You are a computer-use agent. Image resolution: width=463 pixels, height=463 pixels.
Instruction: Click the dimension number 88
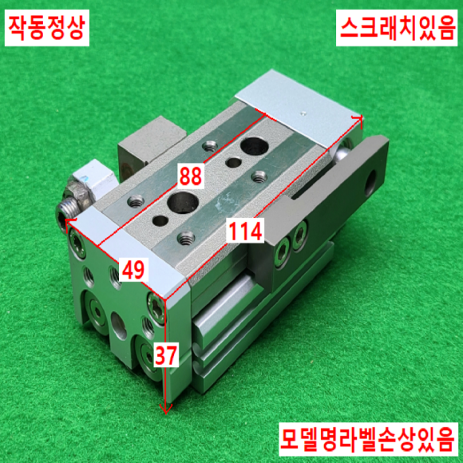(x=191, y=176)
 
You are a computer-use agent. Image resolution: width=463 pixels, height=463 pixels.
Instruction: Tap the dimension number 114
(x=245, y=231)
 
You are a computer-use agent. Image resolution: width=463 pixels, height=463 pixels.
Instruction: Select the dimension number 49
(x=133, y=270)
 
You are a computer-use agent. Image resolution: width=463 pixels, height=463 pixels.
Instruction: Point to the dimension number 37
(x=166, y=354)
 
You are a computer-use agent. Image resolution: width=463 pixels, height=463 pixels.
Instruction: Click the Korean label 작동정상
(x=47, y=28)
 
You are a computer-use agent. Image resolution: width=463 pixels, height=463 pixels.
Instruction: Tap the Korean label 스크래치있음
(x=397, y=28)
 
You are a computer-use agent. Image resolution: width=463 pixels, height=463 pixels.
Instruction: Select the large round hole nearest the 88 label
(x=183, y=203)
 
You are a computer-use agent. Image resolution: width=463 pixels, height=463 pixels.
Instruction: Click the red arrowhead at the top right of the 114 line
(x=358, y=118)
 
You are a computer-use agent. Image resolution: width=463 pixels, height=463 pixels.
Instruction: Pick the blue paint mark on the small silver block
(x=85, y=178)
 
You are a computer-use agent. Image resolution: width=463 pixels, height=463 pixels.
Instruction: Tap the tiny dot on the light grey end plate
(x=302, y=113)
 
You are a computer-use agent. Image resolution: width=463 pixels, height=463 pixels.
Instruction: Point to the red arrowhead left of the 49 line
(x=70, y=221)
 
